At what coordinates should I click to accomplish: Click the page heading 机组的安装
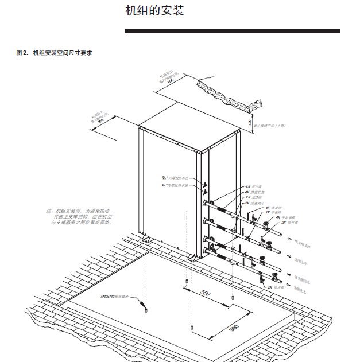154,11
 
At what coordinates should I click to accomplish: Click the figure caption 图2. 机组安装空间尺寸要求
55,53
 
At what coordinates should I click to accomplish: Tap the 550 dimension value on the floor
206,293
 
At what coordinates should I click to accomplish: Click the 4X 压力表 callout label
254,187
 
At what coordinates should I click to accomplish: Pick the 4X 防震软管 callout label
256,192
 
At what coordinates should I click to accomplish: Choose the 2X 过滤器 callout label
254,198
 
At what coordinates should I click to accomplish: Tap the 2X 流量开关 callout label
256,204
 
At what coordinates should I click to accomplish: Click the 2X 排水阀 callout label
277,287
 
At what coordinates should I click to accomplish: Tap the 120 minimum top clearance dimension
249,122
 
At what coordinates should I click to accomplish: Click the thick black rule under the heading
232,31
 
